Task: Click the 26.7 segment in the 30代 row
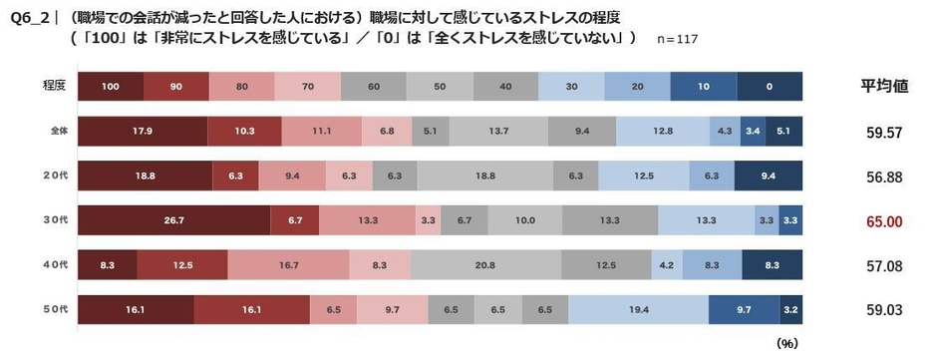pyautogui.click(x=172, y=219)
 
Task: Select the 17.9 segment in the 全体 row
pyautogui.click(x=142, y=130)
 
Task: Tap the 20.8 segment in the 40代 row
pyautogui.click(x=484, y=264)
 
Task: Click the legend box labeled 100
pyautogui.click(x=110, y=86)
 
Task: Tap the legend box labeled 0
pyautogui.click(x=770, y=86)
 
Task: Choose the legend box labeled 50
pyautogui.click(x=440, y=86)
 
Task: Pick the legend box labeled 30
pyautogui.click(x=571, y=86)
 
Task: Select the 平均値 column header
pyautogui.click(x=884, y=86)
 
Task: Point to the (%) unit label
pyautogui.click(x=787, y=343)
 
